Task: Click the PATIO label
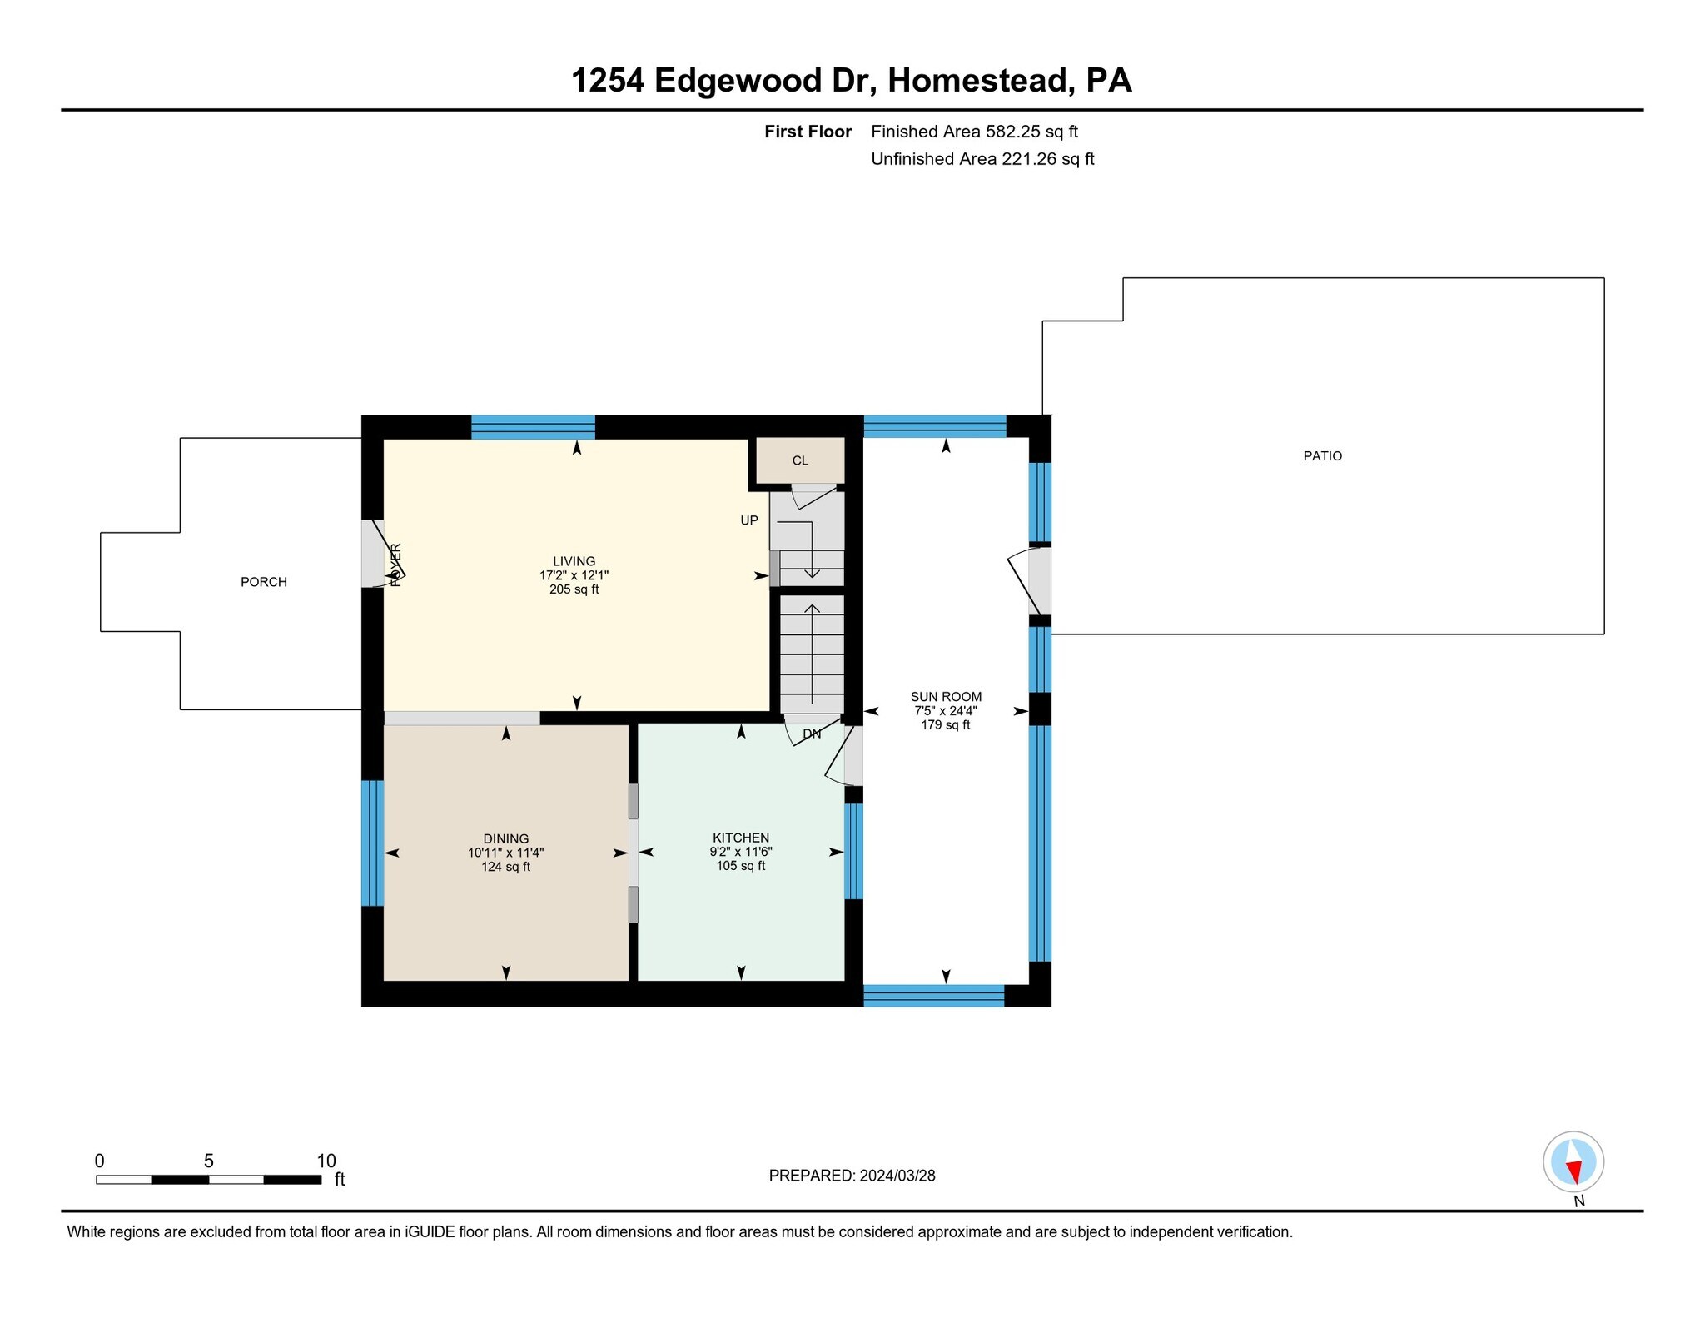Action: [1322, 456]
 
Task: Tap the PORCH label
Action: [264, 582]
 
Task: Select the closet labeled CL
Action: [799, 460]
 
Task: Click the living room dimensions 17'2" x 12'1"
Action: [574, 575]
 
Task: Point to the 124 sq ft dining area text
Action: [505, 867]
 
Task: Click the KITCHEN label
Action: [740, 838]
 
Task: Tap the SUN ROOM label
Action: [946, 697]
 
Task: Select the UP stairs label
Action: [749, 520]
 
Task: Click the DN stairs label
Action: [812, 734]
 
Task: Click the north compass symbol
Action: [1573, 1162]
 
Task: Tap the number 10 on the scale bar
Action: [326, 1161]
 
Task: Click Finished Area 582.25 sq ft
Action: [974, 132]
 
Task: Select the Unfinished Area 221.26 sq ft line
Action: [982, 159]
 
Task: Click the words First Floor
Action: [808, 132]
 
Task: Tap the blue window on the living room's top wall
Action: [533, 426]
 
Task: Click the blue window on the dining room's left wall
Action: [372, 843]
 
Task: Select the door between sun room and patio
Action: [1039, 580]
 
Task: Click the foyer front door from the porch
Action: [372, 554]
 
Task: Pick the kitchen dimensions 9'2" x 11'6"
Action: [740, 852]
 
